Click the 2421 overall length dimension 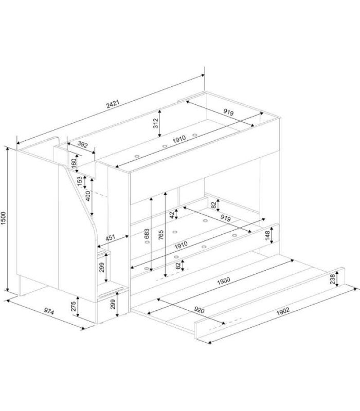click(113, 104)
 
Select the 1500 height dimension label click(4, 218)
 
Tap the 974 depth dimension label click(49, 311)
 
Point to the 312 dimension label click(156, 123)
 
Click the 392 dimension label click(82, 144)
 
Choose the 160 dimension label click(74, 163)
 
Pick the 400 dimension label click(88, 196)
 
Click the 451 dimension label click(111, 237)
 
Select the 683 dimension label click(147, 234)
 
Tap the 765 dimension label click(161, 235)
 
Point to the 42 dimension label click(172, 215)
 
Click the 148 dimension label click(267, 236)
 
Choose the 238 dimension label click(332, 279)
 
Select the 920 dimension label click(199, 310)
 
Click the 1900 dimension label click(224, 281)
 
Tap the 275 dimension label click(74, 306)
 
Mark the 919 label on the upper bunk click(228, 112)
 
